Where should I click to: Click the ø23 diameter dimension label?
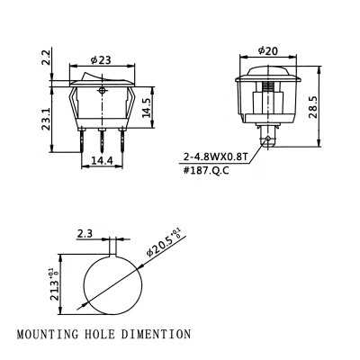pos(103,61)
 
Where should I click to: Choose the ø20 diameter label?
pos(266,50)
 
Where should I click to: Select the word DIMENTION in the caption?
pos(158,334)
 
